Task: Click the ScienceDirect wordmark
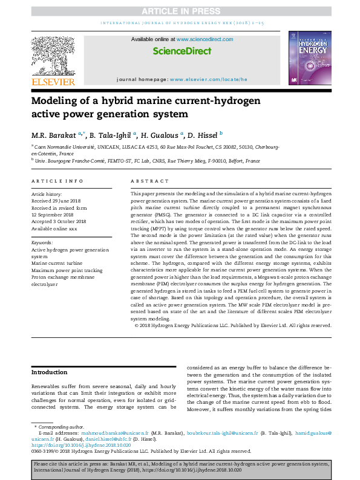(180, 51)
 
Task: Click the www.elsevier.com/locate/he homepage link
(209, 79)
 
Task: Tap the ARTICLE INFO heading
(57, 181)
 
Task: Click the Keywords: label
(42, 242)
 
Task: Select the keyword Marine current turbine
(58, 263)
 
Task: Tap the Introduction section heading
(50, 372)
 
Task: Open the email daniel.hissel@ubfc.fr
(105, 439)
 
